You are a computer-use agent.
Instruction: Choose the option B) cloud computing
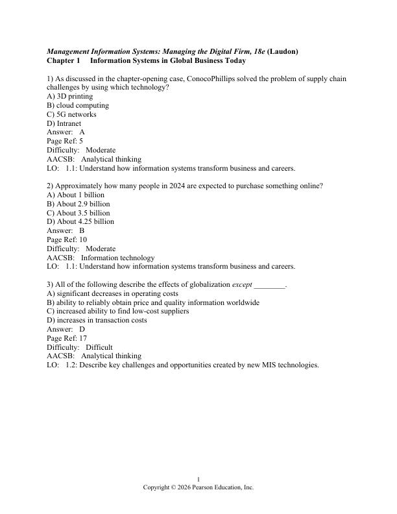(x=78, y=105)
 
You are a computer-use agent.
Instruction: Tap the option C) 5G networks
(x=72, y=114)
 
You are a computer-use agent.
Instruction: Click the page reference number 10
(x=82, y=239)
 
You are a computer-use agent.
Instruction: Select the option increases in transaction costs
(x=97, y=320)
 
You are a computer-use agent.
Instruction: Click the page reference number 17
(x=82, y=338)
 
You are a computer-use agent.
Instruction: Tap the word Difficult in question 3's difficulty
(x=99, y=347)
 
